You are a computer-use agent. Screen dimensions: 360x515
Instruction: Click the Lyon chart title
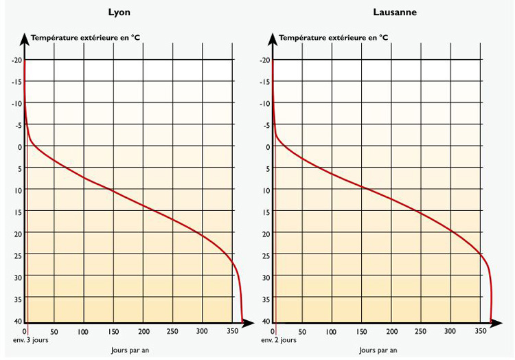click(x=119, y=12)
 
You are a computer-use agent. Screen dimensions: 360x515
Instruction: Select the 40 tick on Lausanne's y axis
click(x=265, y=321)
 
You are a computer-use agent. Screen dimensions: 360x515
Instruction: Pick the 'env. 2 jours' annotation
click(x=279, y=340)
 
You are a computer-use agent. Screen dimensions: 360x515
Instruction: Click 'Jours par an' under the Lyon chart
click(x=130, y=350)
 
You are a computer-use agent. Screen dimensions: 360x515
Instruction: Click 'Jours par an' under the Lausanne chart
click(x=378, y=350)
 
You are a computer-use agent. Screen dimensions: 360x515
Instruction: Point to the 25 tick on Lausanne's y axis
click(x=265, y=256)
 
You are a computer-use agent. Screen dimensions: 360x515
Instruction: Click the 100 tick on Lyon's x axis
click(x=83, y=331)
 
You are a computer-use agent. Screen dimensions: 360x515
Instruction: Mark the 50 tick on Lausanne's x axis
click(x=302, y=331)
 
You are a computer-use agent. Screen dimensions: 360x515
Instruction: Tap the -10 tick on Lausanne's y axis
click(x=264, y=104)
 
